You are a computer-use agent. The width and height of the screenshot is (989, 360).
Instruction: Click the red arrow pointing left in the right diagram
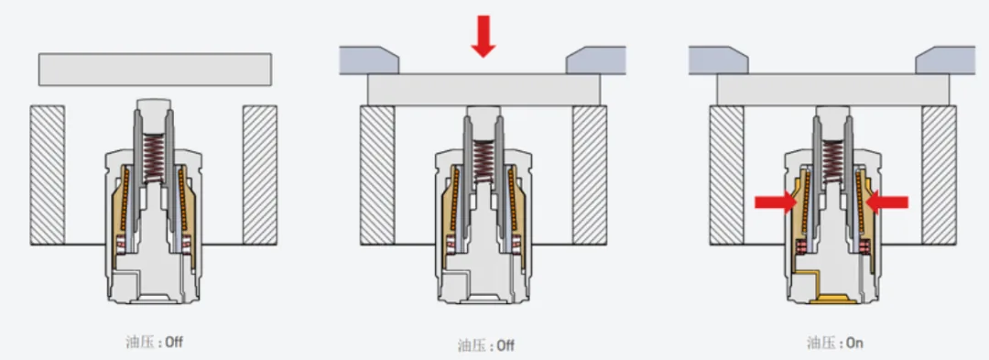(x=886, y=202)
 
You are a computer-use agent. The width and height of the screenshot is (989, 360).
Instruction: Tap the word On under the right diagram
(x=854, y=343)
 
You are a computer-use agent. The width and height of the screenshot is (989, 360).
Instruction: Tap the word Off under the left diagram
(x=174, y=343)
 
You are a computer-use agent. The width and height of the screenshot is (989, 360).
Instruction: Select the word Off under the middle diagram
(x=505, y=345)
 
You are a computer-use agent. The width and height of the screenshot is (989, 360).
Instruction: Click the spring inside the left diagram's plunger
(x=153, y=158)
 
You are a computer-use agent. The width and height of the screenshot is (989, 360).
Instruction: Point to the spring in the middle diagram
(x=484, y=161)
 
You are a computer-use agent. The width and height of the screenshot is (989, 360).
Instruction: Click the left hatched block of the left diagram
(x=48, y=175)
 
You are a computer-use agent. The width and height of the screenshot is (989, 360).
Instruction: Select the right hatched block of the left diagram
(x=260, y=175)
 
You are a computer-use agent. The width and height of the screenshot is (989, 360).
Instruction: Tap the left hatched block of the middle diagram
(x=377, y=175)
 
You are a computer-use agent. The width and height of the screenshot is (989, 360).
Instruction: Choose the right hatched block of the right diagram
(x=939, y=175)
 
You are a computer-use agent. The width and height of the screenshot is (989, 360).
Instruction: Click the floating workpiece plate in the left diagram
(x=155, y=70)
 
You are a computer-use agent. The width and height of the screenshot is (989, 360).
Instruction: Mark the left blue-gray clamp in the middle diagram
(x=369, y=60)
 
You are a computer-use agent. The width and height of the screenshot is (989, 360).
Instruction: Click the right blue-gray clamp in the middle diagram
(x=596, y=60)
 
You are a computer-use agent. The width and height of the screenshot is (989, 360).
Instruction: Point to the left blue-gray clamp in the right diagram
(x=719, y=60)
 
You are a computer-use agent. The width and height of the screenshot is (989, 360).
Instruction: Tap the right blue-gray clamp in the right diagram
(x=945, y=60)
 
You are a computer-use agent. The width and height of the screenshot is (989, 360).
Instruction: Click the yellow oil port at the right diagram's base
(x=832, y=299)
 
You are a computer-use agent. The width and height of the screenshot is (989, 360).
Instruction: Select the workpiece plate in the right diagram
(x=832, y=90)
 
